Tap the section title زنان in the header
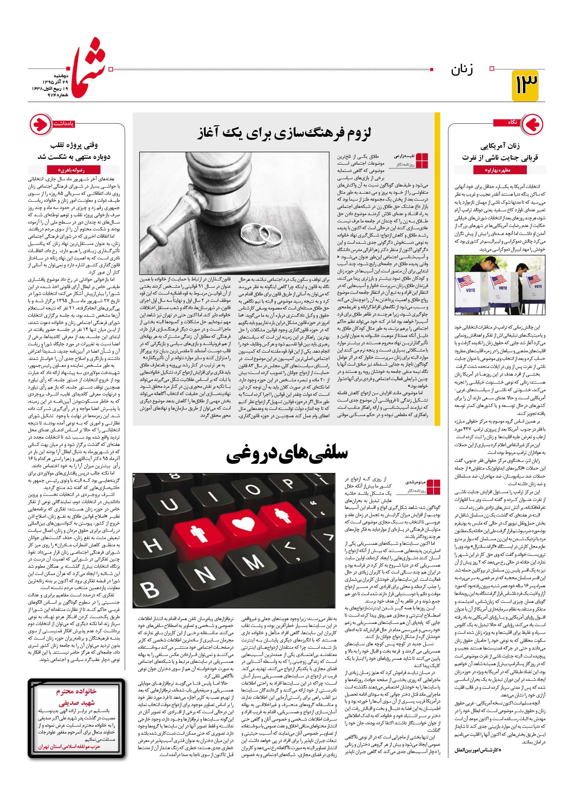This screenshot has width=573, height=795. click(x=462, y=70)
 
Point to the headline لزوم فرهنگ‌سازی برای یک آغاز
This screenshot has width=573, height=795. click(x=284, y=134)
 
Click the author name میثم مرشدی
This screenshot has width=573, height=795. click(x=415, y=482)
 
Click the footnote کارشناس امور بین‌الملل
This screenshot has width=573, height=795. click(x=477, y=750)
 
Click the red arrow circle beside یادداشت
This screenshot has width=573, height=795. click(x=40, y=124)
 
